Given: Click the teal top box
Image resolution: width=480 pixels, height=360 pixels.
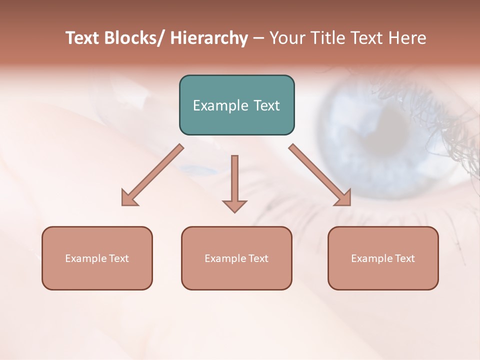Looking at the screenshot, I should [236, 105].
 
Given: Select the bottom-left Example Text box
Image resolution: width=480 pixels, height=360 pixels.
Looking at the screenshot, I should [97, 258].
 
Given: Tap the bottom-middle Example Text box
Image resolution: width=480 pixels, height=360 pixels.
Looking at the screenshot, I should [236, 258].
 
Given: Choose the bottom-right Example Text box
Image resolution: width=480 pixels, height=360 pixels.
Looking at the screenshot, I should [383, 258].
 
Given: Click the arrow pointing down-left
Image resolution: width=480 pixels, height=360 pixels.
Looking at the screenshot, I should [152, 175].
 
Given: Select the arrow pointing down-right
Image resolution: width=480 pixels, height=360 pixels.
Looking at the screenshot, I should [320, 175].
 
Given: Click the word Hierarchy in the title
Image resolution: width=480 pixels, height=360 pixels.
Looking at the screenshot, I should [209, 38].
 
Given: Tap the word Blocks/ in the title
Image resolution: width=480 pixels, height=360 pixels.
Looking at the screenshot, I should [136, 38].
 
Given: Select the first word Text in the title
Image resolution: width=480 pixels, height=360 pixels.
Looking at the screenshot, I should [83, 38].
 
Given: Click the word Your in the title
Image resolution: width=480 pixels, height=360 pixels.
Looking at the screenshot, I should [286, 38].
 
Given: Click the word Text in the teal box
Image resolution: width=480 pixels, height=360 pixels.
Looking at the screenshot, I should [266, 105].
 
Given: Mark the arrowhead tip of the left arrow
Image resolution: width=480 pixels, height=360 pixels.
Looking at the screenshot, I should [122, 205].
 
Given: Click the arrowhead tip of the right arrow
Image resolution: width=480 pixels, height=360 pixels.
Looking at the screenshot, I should [350, 205].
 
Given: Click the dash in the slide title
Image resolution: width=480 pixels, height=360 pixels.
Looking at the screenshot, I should [258, 38].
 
